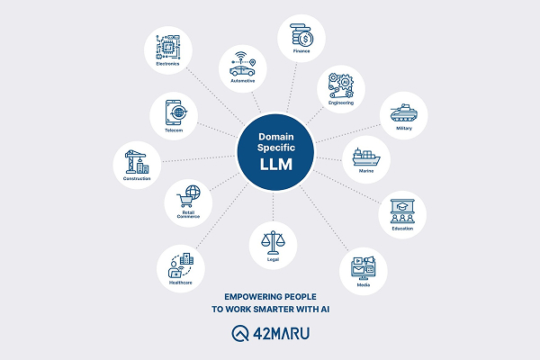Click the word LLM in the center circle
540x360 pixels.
pyautogui.click(x=276, y=165)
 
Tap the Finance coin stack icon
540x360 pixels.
pyautogui.click(x=301, y=35)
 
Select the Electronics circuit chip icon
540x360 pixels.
pyautogui.click(x=168, y=47)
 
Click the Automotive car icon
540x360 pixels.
pyautogui.click(x=243, y=65)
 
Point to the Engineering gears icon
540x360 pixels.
pyautogui.click(x=341, y=85)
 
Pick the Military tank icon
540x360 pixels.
pyautogui.click(x=403, y=112)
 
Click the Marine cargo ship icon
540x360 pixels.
pyautogui.click(x=366, y=157)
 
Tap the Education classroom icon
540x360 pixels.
pyautogui.click(x=402, y=211)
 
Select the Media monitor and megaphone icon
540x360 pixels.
pyautogui.click(x=364, y=268)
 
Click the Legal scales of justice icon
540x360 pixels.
pyautogui.click(x=273, y=243)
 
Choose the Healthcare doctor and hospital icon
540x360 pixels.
pyautogui.click(x=181, y=265)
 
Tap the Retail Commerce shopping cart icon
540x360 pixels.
pyautogui.click(x=188, y=197)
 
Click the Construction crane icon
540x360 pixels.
pyautogui.click(x=137, y=162)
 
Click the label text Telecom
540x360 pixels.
pyautogui.click(x=174, y=130)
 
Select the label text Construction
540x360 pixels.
pyautogui.click(x=137, y=178)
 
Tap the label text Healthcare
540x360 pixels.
pyautogui.click(x=181, y=283)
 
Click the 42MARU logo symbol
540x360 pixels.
pyautogui.click(x=240, y=334)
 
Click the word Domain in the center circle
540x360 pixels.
pyautogui.click(x=276, y=137)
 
